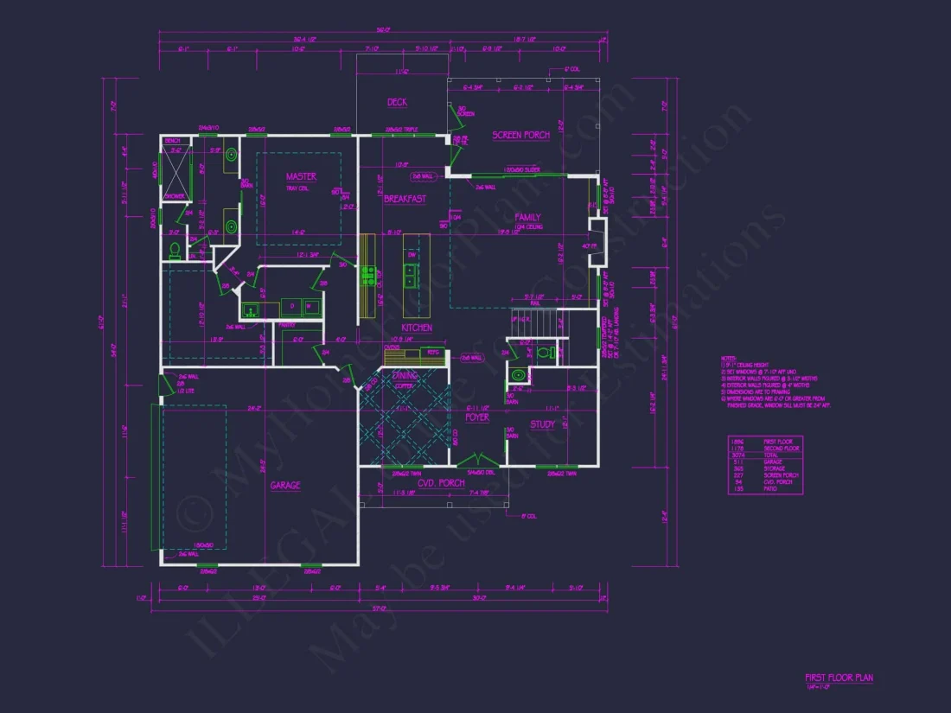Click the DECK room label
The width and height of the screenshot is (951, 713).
click(397, 103)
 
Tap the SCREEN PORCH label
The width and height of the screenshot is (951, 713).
click(520, 136)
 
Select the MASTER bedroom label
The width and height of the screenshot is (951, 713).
click(301, 177)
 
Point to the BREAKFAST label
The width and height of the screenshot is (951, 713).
click(405, 200)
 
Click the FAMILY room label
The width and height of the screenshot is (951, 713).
click(527, 218)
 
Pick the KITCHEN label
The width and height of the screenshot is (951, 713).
click(417, 328)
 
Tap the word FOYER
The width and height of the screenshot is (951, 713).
click(477, 417)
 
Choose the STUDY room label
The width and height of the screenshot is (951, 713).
click(542, 424)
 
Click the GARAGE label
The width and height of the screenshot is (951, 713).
click(285, 486)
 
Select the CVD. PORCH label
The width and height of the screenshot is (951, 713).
click(441, 483)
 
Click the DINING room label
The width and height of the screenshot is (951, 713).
click(405, 376)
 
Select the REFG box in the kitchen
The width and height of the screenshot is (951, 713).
click(432, 353)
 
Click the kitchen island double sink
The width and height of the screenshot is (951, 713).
click(409, 276)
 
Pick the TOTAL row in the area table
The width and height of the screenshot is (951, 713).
click(765, 455)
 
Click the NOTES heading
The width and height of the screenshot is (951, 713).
click(728, 358)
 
